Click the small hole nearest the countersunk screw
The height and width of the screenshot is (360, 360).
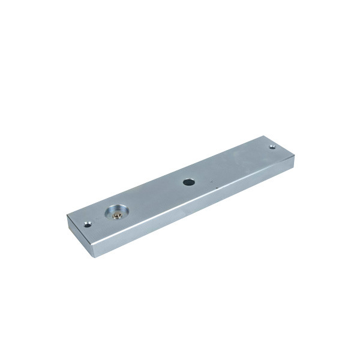click(89, 224)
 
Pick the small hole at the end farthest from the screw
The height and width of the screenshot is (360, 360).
click(272, 146)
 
